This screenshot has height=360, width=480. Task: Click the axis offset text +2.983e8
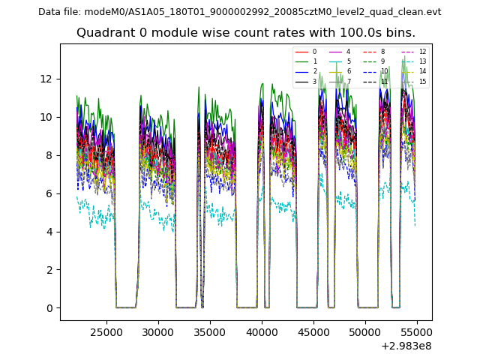click(406, 346)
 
